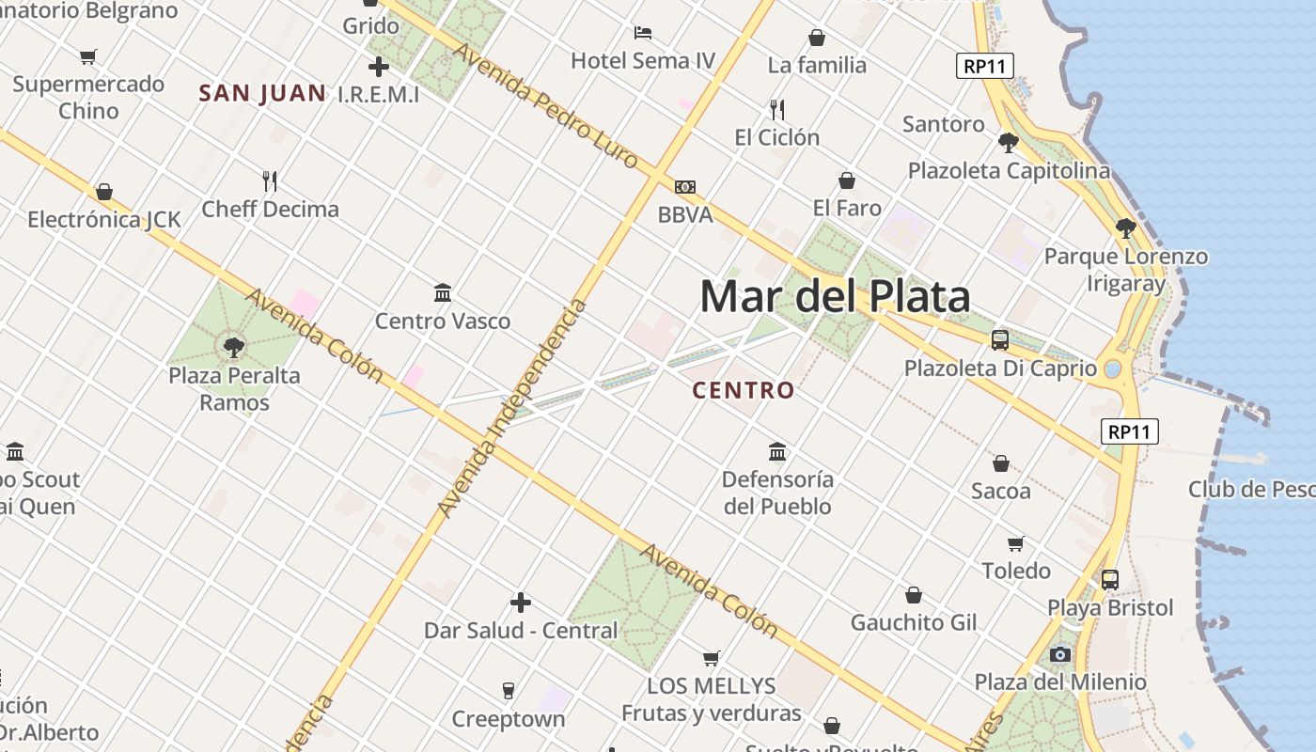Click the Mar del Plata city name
click(x=835, y=297)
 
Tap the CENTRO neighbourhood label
click(x=744, y=390)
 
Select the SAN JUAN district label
click(x=262, y=93)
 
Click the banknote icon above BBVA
click(x=685, y=187)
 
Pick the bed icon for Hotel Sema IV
click(x=643, y=33)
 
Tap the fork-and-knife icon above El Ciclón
click(x=776, y=110)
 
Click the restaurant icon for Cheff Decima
click(x=270, y=180)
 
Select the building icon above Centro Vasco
click(x=443, y=293)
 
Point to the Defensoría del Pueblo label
click(x=777, y=493)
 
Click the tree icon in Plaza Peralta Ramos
click(x=234, y=349)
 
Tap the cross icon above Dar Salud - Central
click(x=520, y=603)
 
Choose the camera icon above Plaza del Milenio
click(x=1060, y=655)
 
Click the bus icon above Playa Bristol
click(x=1110, y=580)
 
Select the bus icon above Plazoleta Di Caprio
click(x=1000, y=340)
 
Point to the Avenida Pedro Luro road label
click(x=546, y=107)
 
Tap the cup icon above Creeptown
click(x=509, y=691)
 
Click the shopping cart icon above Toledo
click(x=1015, y=543)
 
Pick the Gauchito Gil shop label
click(x=914, y=622)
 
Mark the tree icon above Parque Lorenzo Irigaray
click(x=1125, y=227)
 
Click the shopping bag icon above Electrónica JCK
click(x=104, y=193)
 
